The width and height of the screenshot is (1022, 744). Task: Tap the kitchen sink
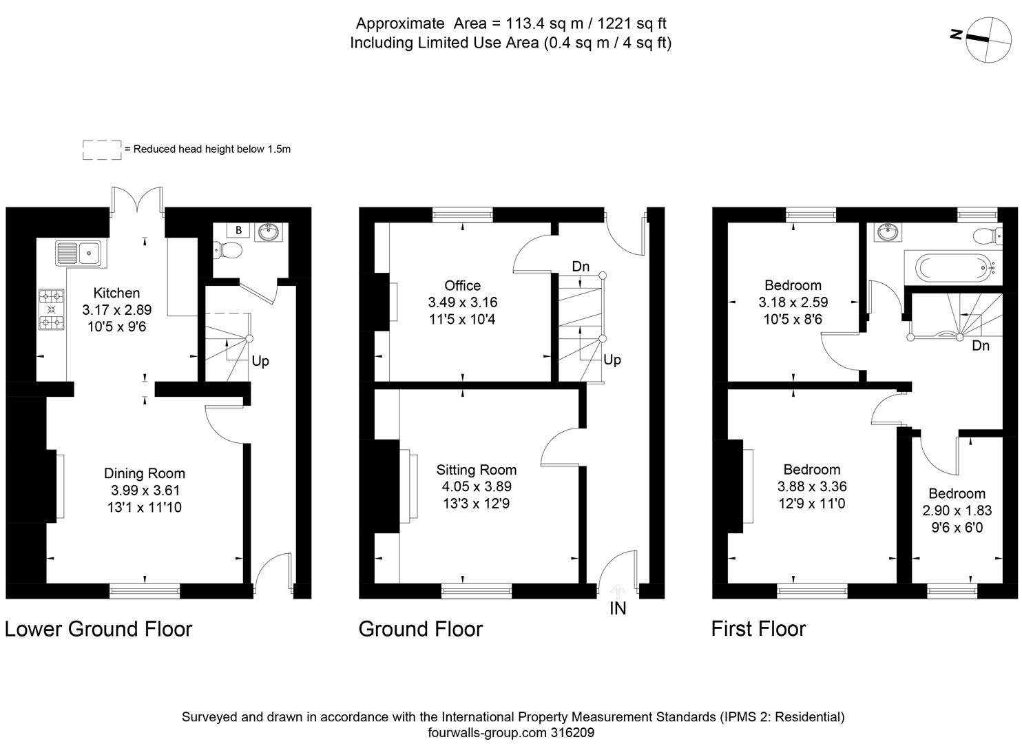(x=79, y=254)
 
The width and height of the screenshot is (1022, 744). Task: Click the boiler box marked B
(x=238, y=230)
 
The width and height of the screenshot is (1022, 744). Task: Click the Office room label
(x=462, y=285)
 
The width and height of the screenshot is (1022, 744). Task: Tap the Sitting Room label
(x=476, y=470)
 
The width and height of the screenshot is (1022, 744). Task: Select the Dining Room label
(x=145, y=473)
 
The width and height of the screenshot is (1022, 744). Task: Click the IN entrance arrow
(x=618, y=591)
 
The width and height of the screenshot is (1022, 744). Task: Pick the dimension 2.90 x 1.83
(x=957, y=510)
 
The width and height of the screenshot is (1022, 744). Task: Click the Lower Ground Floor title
(x=98, y=629)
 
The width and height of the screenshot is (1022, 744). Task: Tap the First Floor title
(x=758, y=629)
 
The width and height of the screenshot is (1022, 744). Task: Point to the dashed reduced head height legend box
(x=102, y=149)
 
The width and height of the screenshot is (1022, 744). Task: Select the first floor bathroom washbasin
(x=888, y=233)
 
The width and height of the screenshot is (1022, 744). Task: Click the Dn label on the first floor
(x=981, y=346)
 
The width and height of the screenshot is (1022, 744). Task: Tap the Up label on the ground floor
(x=612, y=360)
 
